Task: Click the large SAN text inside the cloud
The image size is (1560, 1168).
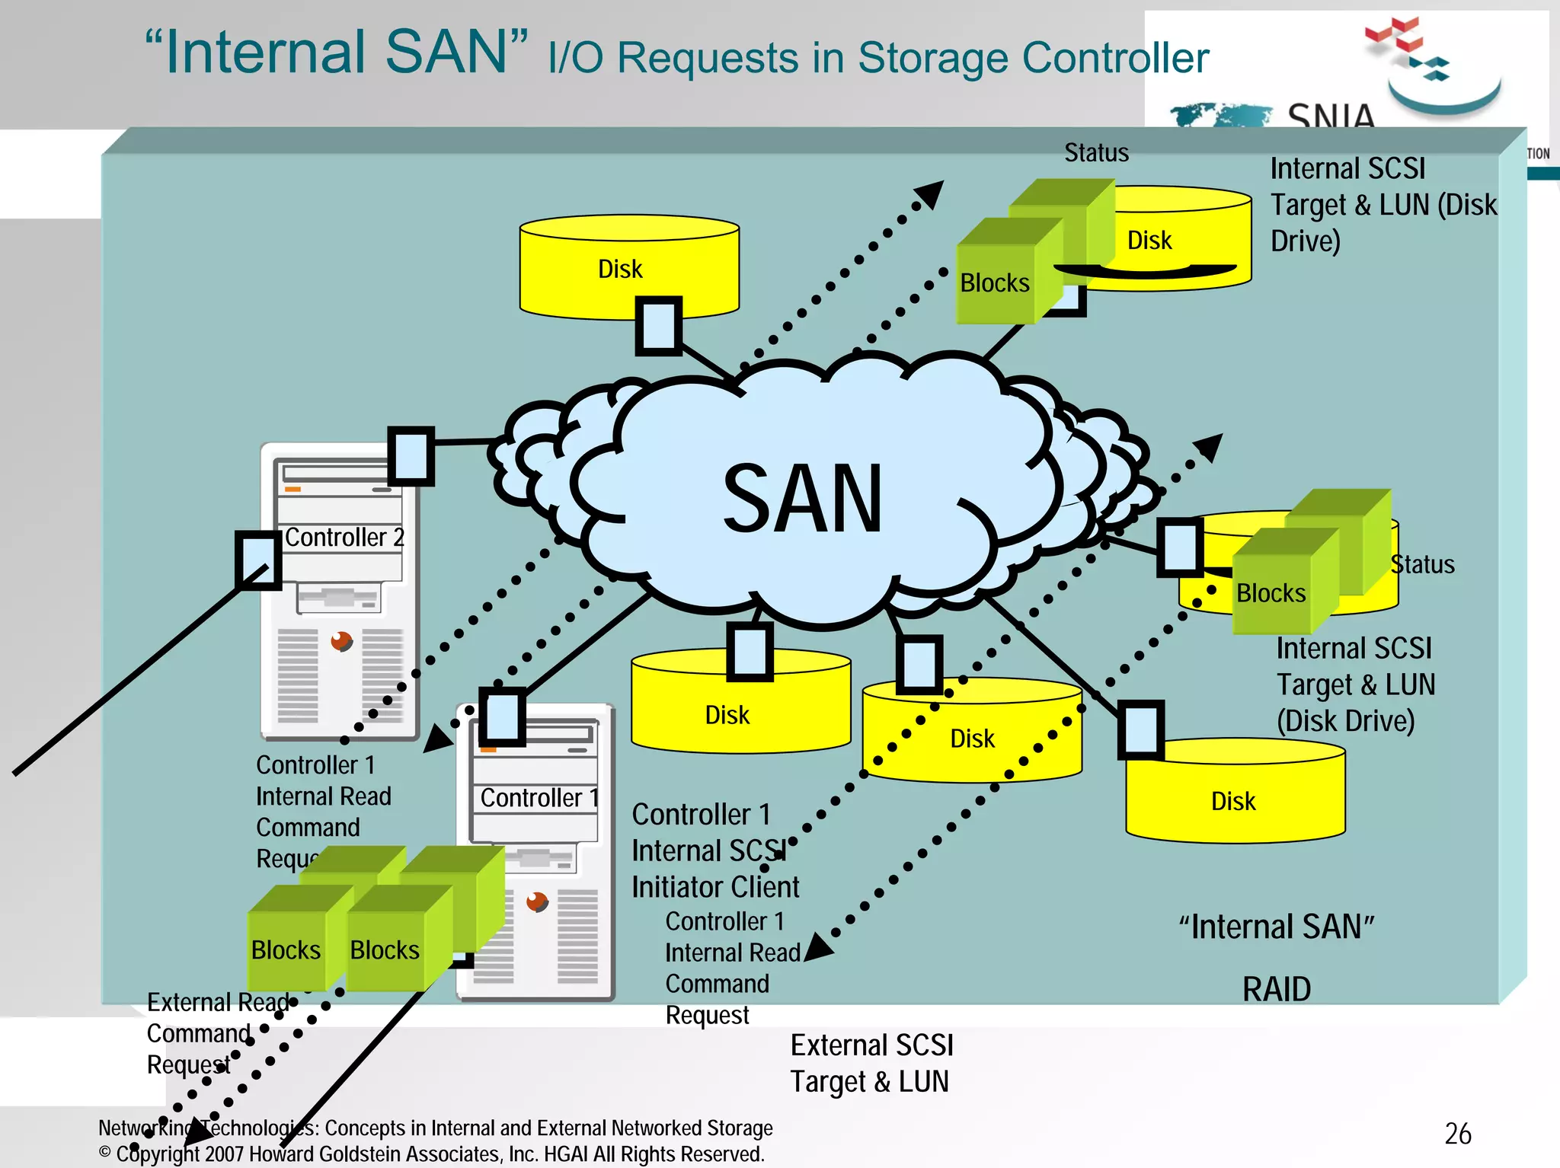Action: tap(803, 499)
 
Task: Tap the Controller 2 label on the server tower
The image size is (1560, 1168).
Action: tap(344, 538)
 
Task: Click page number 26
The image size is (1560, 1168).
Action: tap(1457, 1134)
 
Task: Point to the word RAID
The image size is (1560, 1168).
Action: tap(1277, 989)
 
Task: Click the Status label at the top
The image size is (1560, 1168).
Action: tap(1096, 153)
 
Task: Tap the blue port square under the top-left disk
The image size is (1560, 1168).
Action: tap(658, 326)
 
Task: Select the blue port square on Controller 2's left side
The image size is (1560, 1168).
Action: tap(258, 560)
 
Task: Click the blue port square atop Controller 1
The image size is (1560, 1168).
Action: tap(502, 716)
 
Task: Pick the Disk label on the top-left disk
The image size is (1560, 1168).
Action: tap(620, 270)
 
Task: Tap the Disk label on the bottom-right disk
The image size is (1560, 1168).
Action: tap(1233, 801)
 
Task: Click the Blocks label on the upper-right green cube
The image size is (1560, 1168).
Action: tap(994, 283)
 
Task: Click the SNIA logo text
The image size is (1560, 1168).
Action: tap(1331, 116)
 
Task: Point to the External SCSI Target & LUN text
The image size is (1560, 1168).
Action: tap(871, 1064)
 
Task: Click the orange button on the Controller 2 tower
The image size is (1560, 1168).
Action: tap(341, 641)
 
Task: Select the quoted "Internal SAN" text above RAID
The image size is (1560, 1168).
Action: tap(1277, 927)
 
